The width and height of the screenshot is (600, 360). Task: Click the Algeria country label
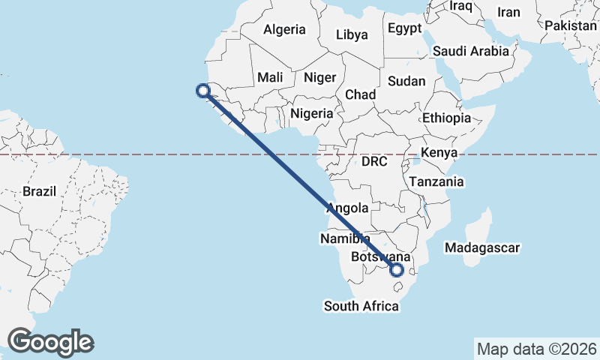tap(283, 30)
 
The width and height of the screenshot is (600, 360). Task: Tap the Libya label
tap(352, 34)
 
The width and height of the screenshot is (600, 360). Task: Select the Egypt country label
tap(406, 28)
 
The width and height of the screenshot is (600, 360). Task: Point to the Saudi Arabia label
tap(471, 51)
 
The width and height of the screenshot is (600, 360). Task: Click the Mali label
tap(270, 77)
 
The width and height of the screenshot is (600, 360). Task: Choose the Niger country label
tap(319, 77)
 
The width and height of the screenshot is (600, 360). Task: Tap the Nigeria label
tap(311, 113)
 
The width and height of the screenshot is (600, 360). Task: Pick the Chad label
tap(360, 94)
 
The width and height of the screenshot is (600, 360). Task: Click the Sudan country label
tap(407, 81)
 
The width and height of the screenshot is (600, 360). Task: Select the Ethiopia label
tap(446, 118)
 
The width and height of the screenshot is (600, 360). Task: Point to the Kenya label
tap(439, 153)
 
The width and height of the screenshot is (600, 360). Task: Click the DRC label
tap(374, 161)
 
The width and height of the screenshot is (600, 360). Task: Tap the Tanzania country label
tap(436, 181)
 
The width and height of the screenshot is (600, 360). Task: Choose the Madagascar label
tap(481, 247)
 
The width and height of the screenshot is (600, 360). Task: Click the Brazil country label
tap(39, 191)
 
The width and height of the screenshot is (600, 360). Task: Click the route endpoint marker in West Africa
tap(202, 91)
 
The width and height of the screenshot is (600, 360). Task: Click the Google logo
tap(50, 342)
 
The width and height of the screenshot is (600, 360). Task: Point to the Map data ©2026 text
tap(536, 349)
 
